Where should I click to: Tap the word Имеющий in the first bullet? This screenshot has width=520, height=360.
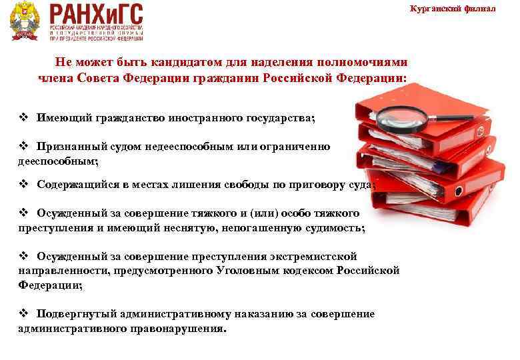[x=64, y=117]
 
